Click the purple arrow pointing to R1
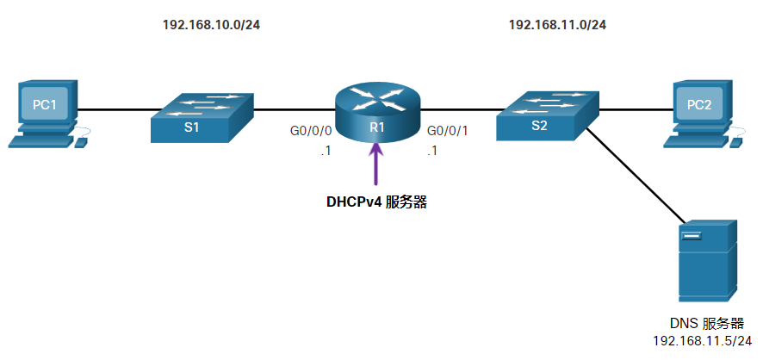376,165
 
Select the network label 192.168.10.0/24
211,25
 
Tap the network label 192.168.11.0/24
557,25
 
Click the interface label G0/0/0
310,132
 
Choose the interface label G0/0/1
449,132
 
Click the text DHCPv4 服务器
376,203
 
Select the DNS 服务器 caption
706,324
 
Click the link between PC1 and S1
116,110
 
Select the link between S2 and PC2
633,110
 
